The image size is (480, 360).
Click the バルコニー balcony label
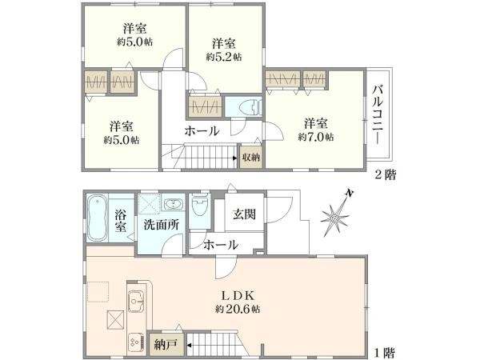click(x=378, y=114)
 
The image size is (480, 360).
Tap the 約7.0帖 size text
click(x=316, y=137)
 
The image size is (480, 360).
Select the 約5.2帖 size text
click(x=224, y=57)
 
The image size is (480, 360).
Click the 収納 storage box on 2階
click(x=251, y=157)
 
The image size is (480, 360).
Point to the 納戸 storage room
click(x=166, y=345)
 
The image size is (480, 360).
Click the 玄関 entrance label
click(x=244, y=214)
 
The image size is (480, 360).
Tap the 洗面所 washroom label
click(x=162, y=225)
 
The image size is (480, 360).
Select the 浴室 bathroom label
click(x=121, y=221)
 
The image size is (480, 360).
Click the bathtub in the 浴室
click(x=97, y=218)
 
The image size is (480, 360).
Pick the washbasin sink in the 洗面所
click(x=174, y=203)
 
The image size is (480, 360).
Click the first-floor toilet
click(x=199, y=203)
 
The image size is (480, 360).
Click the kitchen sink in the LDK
click(x=136, y=301)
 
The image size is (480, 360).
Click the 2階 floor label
click(x=386, y=174)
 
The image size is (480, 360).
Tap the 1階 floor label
click(x=385, y=353)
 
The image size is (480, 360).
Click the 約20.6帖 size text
click(x=238, y=310)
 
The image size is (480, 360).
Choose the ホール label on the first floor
click(x=221, y=245)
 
